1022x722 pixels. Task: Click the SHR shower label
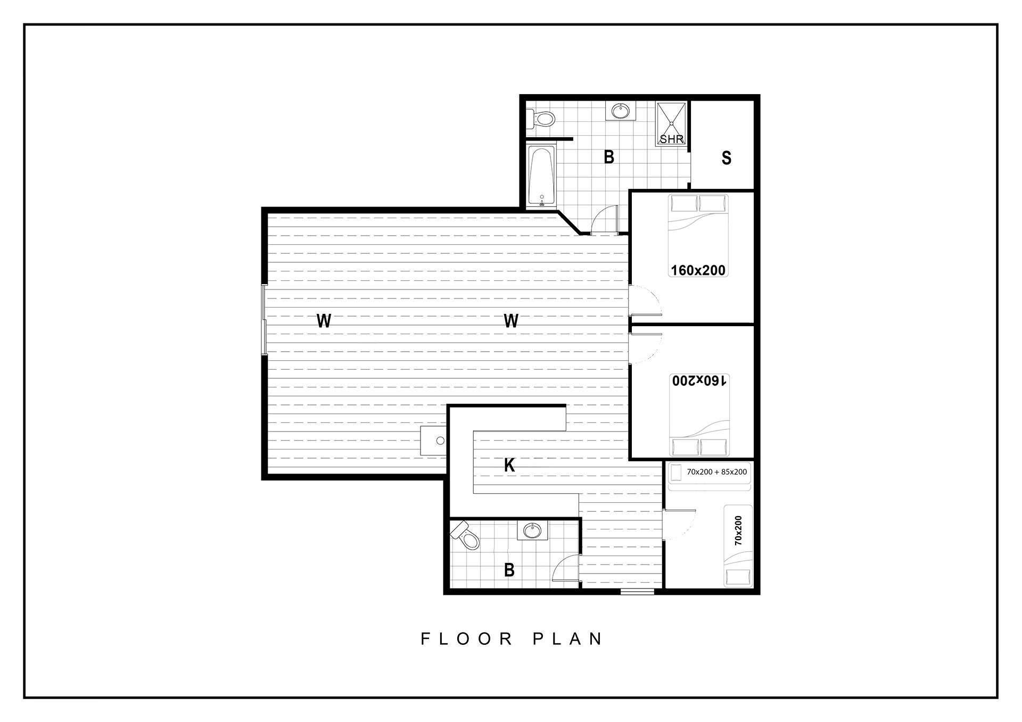coord(671,139)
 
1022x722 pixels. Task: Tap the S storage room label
coord(726,158)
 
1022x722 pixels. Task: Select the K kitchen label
coord(509,466)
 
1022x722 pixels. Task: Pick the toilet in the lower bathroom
coord(466,535)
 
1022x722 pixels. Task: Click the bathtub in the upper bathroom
coord(542,176)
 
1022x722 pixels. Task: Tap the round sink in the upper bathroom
coord(620,111)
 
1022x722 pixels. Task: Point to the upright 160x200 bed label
coord(698,270)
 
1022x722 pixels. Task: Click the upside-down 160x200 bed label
coord(698,380)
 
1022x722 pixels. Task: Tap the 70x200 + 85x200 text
coord(716,472)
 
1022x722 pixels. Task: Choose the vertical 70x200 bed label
coord(738,530)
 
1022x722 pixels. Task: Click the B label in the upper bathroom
coord(609,157)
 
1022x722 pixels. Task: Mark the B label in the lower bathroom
coord(509,570)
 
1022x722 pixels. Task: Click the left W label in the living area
coord(324,321)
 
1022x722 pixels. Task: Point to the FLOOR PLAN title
coord(512,638)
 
